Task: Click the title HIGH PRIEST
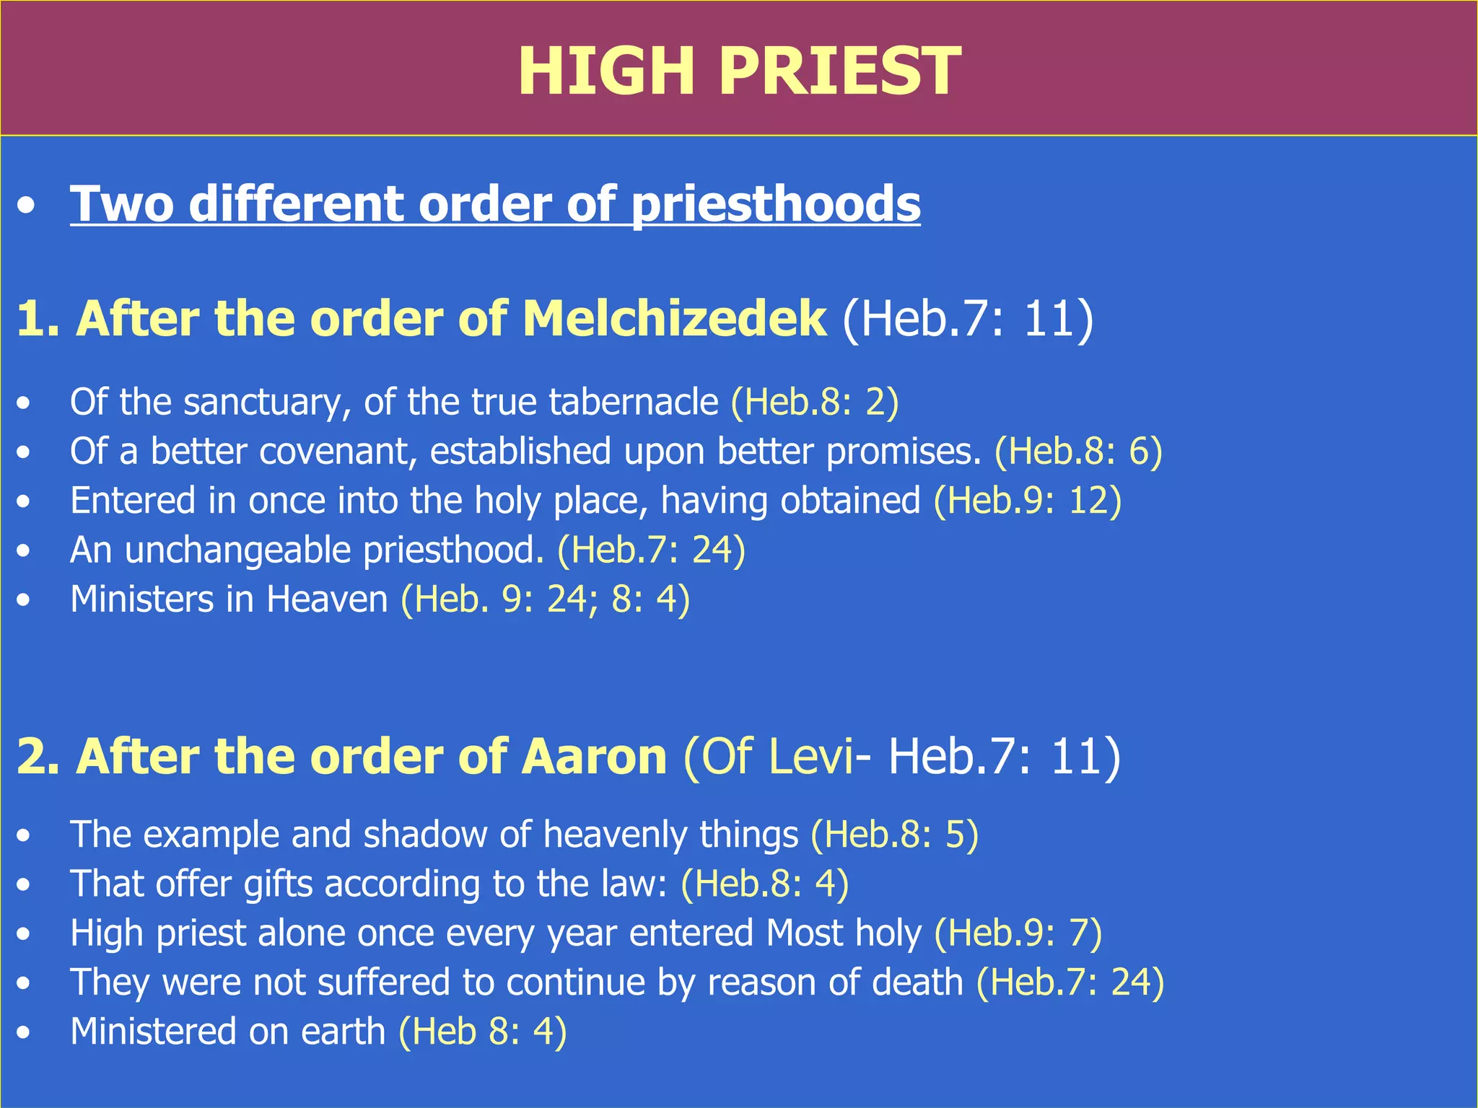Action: (x=739, y=71)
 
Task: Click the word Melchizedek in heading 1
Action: (x=674, y=318)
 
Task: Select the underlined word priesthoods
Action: (x=776, y=204)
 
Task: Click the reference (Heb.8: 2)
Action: (x=815, y=402)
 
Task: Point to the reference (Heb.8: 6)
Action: (x=1078, y=452)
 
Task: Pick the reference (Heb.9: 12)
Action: (x=1028, y=501)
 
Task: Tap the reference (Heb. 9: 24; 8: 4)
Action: (x=546, y=599)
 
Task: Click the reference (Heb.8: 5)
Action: (x=894, y=835)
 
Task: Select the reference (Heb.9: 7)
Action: (x=1018, y=933)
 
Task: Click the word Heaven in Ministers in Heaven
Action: (x=327, y=599)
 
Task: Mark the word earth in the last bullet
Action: (x=343, y=1032)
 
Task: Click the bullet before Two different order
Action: (x=27, y=206)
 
